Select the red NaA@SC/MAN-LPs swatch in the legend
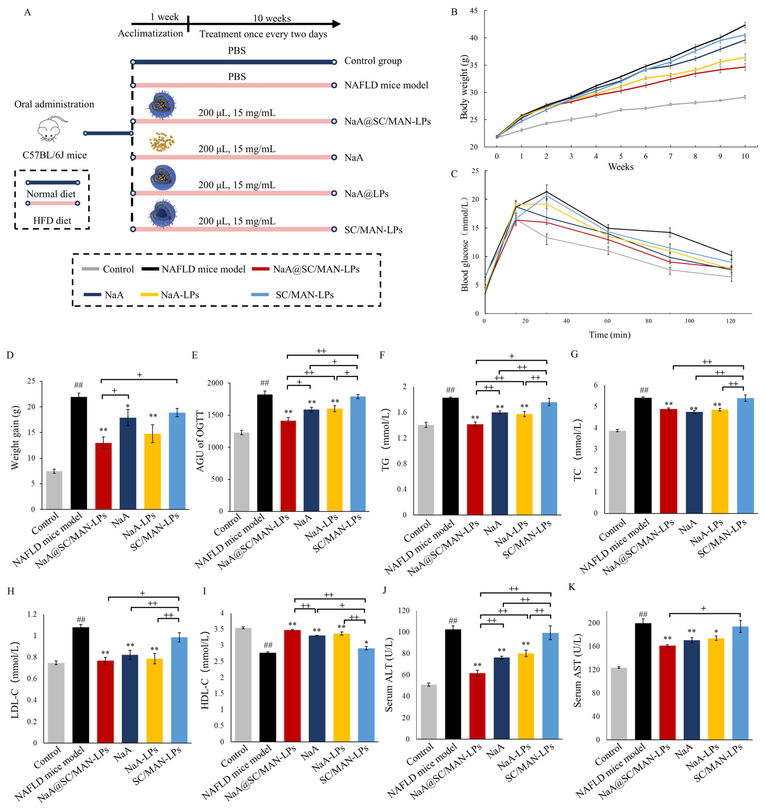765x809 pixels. [x=261, y=269]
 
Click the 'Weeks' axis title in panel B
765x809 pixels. [x=621, y=167]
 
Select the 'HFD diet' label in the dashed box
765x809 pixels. [x=52, y=220]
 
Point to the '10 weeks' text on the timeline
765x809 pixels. [x=272, y=18]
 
